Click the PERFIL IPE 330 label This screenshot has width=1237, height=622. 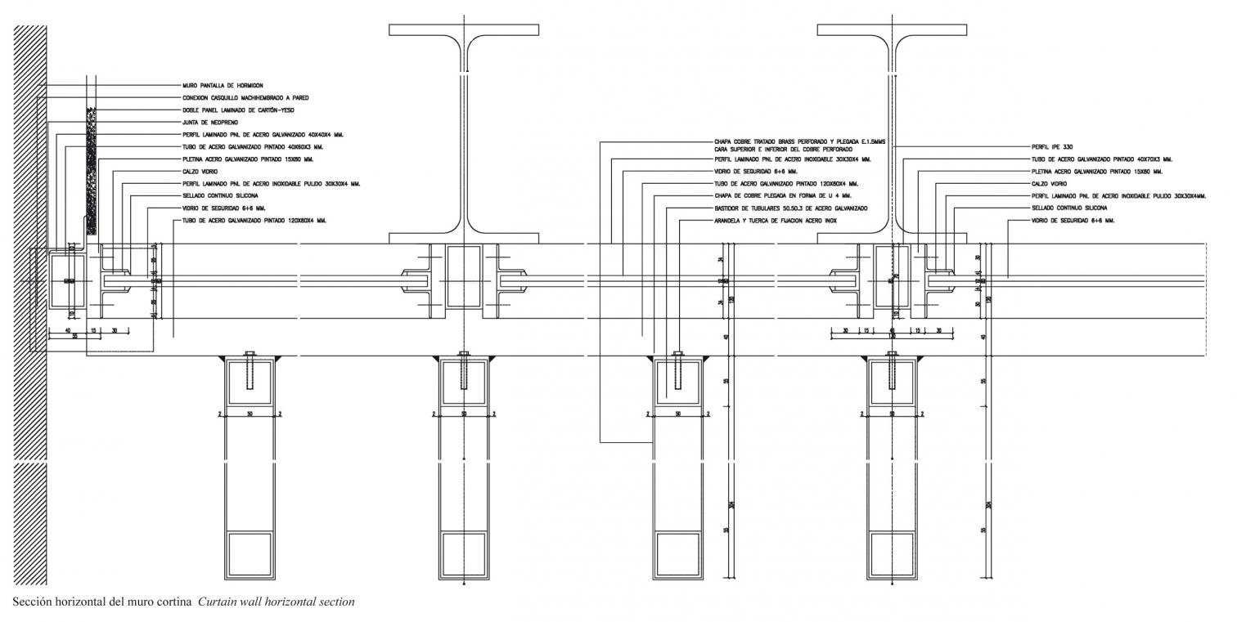click(1051, 147)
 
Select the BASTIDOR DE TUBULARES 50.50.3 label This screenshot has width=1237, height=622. click(790, 208)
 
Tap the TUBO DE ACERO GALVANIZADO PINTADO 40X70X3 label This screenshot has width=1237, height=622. click(1101, 159)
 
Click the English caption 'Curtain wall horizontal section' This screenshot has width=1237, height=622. click(276, 602)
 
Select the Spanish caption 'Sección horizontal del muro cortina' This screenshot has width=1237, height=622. click(102, 602)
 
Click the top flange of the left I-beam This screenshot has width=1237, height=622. click(465, 29)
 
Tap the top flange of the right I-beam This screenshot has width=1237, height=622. click(893, 29)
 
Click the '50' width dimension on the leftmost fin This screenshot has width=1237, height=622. click(250, 414)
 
